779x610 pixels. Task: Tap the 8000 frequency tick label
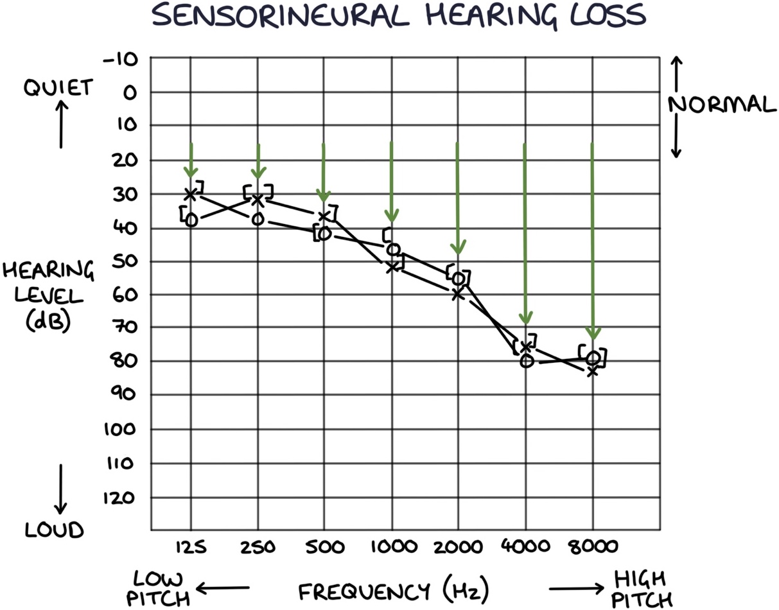pyautogui.click(x=592, y=547)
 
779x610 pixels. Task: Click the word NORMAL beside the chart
pyautogui.click(x=722, y=105)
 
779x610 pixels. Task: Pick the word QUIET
pyautogui.click(x=58, y=87)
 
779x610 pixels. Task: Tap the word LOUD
pyautogui.click(x=55, y=530)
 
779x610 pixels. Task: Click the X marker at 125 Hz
pyautogui.click(x=191, y=193)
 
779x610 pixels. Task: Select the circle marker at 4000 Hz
pyautogui.click(x=527, y=361)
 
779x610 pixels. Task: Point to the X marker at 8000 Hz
pyautogui.click(x=593, y=370)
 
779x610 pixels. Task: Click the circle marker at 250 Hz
pyautogui.click(x=258, y=219)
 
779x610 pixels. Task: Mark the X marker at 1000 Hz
pyautogui.click(x=392, y=266)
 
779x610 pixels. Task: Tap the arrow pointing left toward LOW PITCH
pyautogui.click(x=222, y=587)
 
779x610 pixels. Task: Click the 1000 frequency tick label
pyautogui.click(x=394, y=547)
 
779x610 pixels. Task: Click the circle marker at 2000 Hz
pyautogui.click(x=458, y=279)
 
